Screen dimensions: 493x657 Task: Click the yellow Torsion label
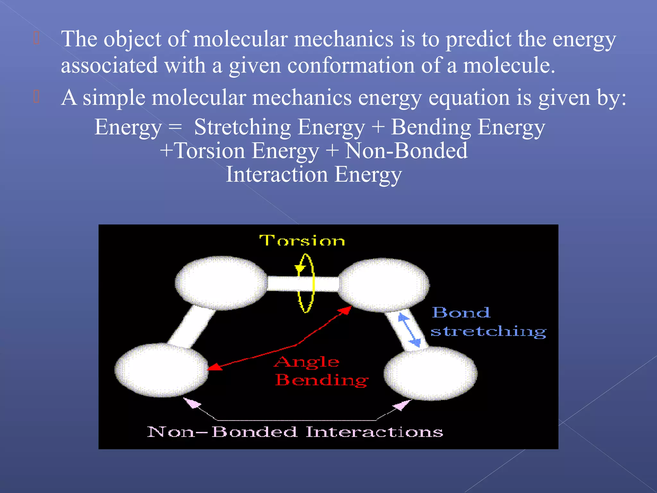[302, 240]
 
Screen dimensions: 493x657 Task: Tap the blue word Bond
[461, 312]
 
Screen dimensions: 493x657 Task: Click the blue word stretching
[488, 331]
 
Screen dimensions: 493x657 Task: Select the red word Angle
[307, 362]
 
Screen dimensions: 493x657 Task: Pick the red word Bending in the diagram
[322, 380]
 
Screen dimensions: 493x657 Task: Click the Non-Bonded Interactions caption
[295, 432]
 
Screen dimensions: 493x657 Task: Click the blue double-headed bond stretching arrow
[409, 330]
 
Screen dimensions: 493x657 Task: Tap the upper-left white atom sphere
[221, 283]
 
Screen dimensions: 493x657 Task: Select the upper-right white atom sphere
[384, 285]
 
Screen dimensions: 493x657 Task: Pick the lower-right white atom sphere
[431, 373]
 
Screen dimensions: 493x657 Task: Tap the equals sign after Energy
[175, 127]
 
